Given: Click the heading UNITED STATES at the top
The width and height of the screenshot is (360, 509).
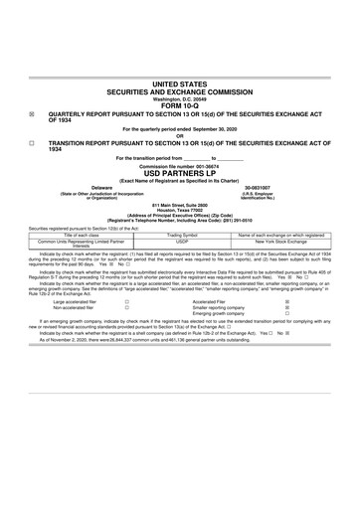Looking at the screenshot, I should [179, 85].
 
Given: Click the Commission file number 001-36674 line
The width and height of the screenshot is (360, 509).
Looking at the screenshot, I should [179, 165].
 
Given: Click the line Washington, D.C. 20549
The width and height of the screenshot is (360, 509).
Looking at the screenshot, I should [179, 99].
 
